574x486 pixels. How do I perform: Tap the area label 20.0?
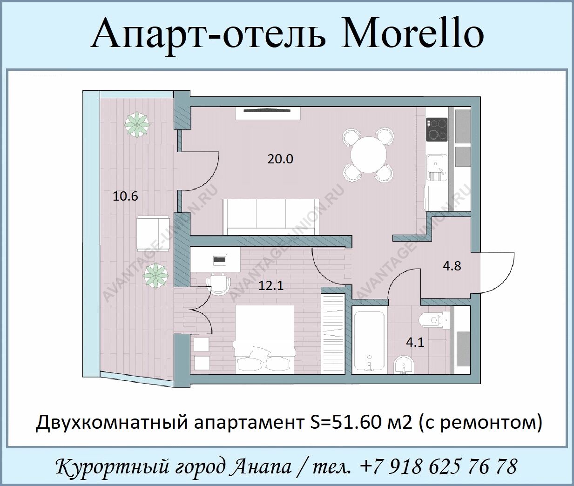(280, 159)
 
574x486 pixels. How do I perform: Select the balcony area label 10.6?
(125, 196)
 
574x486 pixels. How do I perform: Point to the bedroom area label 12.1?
(271, 285)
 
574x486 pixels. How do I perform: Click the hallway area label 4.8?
(452, 266)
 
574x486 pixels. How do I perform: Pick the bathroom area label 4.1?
(415, 343)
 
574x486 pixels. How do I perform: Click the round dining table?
(369, 155)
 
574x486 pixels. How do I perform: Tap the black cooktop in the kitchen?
(437, 129)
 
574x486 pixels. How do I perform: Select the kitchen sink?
(437, 169)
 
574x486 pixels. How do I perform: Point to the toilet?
(434, 320)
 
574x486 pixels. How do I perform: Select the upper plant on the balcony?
(137, 125)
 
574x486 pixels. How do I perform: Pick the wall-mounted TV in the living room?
(267, 110)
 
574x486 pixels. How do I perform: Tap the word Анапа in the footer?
(262, 466)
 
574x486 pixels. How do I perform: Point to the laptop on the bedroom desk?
(219, 259)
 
